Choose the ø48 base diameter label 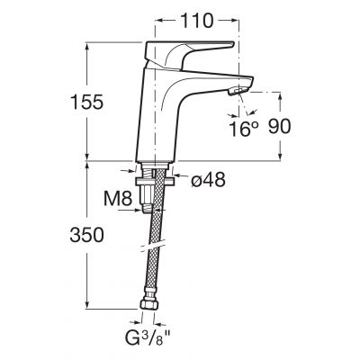(208, 179)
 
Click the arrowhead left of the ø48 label (177, 176)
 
